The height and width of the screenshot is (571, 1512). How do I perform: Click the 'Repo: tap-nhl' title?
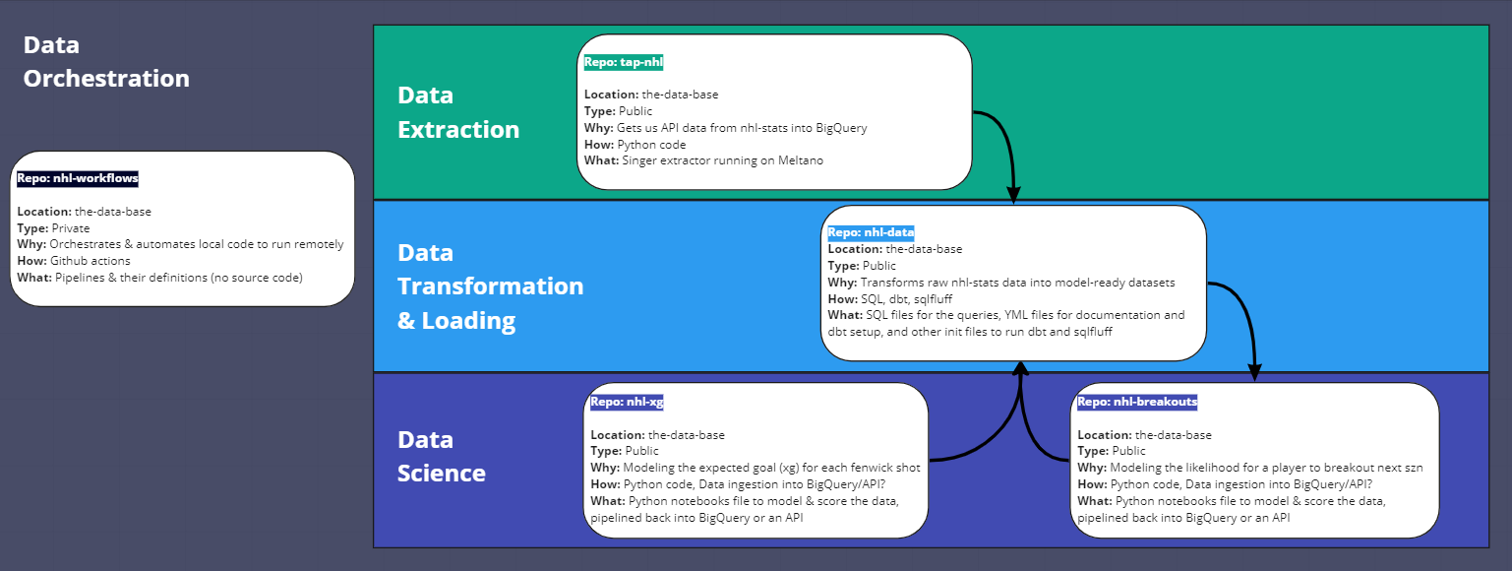click(624, 62)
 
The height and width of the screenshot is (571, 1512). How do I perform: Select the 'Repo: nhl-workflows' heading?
click(78, 179)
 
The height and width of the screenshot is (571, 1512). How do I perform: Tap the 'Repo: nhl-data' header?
click(871, 233)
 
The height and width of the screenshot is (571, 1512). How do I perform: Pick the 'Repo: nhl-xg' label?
click(628, 402)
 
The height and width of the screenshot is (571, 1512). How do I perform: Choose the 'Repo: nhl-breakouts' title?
click(1137, 402)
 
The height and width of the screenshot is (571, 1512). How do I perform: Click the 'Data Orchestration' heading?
click(105, 62)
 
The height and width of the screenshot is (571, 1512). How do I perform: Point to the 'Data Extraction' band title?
click(458, 112)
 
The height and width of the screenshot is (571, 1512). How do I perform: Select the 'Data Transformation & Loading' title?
click(490, 285)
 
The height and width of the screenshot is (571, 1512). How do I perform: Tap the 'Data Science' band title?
click(442, 456)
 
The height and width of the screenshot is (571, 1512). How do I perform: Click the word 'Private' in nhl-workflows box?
click(71, 227)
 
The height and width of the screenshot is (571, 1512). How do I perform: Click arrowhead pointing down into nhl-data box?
click(1013, 195)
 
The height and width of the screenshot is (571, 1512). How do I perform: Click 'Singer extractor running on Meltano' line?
click(722, 160)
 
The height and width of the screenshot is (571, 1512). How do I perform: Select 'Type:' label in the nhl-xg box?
click(606, 451)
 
